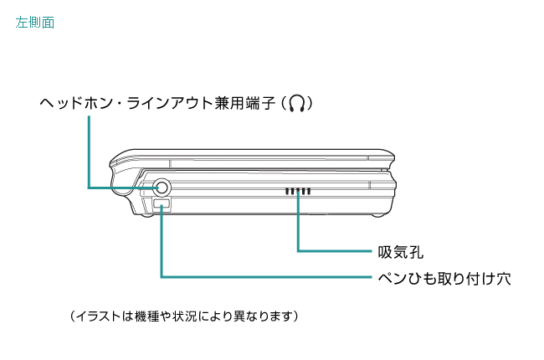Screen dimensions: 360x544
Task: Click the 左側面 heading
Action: click(34, 23)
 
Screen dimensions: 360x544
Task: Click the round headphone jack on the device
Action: click(160, 188)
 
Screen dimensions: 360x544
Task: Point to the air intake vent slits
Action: click(297, 192)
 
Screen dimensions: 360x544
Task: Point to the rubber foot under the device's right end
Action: click(377, 213)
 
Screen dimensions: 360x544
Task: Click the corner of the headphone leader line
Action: click(88, 188)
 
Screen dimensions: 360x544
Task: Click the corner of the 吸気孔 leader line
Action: click(298, 250)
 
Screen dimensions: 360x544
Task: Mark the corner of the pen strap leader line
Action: click(162, 276)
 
